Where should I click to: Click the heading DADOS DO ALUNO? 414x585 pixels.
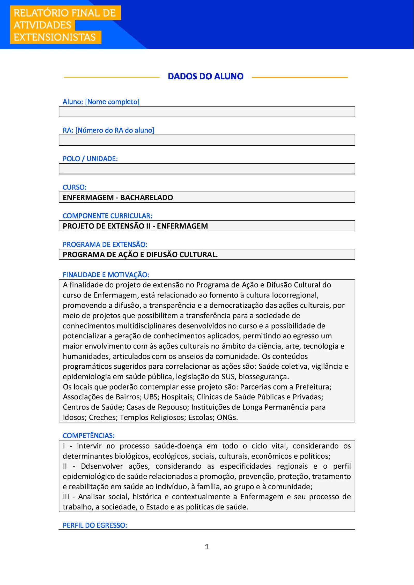(205, 77)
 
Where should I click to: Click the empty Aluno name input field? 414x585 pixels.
(207, 112)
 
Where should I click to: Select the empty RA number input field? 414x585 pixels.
(207, 140)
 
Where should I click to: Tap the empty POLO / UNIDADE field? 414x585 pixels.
(207, 169)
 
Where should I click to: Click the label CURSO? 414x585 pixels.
(75, 187)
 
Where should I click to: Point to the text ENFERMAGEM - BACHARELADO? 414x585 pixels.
(118, 197)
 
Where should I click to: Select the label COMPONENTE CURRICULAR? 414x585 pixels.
(107, 216)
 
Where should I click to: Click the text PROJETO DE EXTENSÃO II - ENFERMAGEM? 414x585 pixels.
(135, 226)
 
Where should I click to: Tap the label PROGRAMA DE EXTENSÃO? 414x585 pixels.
(105, 244)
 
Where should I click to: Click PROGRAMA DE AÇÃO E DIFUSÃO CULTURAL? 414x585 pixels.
(140, 255)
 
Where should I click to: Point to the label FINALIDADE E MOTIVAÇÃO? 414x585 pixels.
(106, 275)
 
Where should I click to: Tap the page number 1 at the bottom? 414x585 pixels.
(207, 546)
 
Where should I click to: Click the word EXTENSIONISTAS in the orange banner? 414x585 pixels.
(55, 37)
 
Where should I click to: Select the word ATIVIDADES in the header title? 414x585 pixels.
(42, 25)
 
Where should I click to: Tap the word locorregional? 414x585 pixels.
(295, 295)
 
